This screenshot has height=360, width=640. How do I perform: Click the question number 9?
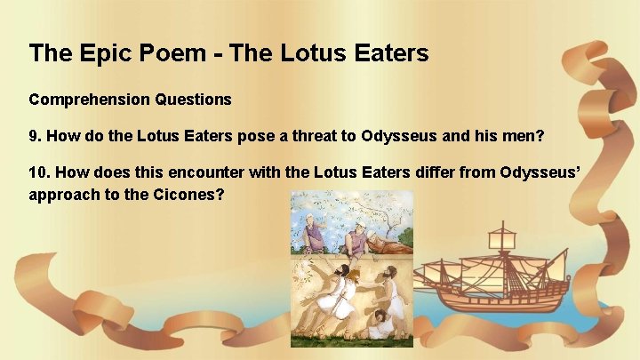pyautogui.click(x=35, y=137)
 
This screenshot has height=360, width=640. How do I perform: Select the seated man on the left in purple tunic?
pyautogui.click(x=313, y=234)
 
